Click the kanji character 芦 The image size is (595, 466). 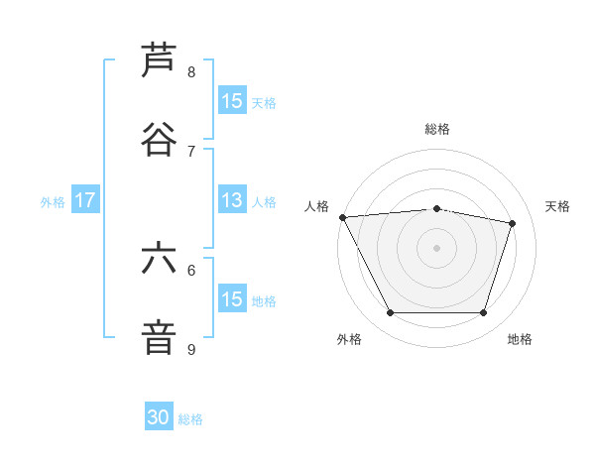(159, 60)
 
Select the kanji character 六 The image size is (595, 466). (159, 259)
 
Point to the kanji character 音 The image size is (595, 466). (159, 337)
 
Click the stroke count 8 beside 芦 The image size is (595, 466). (191, 72)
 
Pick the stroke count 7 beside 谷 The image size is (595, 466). (191, 151)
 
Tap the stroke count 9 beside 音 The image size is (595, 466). (191, 349)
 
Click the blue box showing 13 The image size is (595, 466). (232, 200)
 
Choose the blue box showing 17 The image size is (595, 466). (85, 200)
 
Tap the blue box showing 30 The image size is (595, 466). (159, 417)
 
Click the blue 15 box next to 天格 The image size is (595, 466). (232, 101)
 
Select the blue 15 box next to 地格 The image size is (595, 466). (232, 299)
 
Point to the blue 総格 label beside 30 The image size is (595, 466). (190, 419)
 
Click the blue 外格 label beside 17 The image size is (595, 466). (53, 201)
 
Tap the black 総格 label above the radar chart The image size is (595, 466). (436, 129)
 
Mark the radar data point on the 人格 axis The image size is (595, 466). (342, 217)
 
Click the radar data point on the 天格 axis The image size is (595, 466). (513, 223)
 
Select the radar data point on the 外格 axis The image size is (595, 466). (390, 313)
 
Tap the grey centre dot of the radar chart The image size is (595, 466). (436, 247)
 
